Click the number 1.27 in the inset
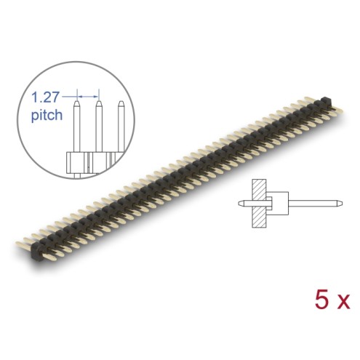[45, 97]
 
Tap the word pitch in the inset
[47, 115]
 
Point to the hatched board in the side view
[259, 204]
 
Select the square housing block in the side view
[279, 204]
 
